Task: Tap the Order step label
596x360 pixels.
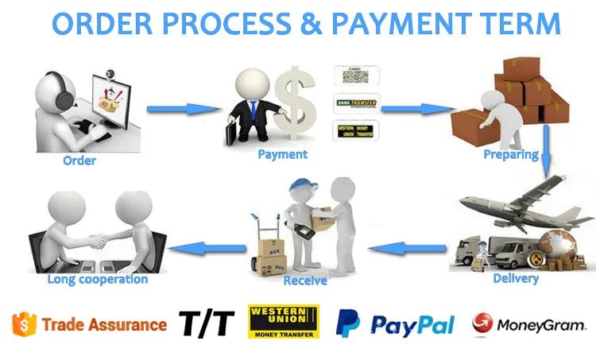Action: [79, 161]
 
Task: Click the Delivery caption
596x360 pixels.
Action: [516, 278]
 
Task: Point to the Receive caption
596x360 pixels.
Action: [305, 281]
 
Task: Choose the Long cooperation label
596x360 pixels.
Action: [97, 279]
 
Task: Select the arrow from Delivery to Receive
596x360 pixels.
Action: [405, 249]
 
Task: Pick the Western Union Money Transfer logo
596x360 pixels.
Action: [283, 322]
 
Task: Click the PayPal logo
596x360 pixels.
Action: [395, 324]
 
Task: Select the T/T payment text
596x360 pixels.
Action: [207, 323]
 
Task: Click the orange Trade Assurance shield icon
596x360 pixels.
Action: [25, 324]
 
